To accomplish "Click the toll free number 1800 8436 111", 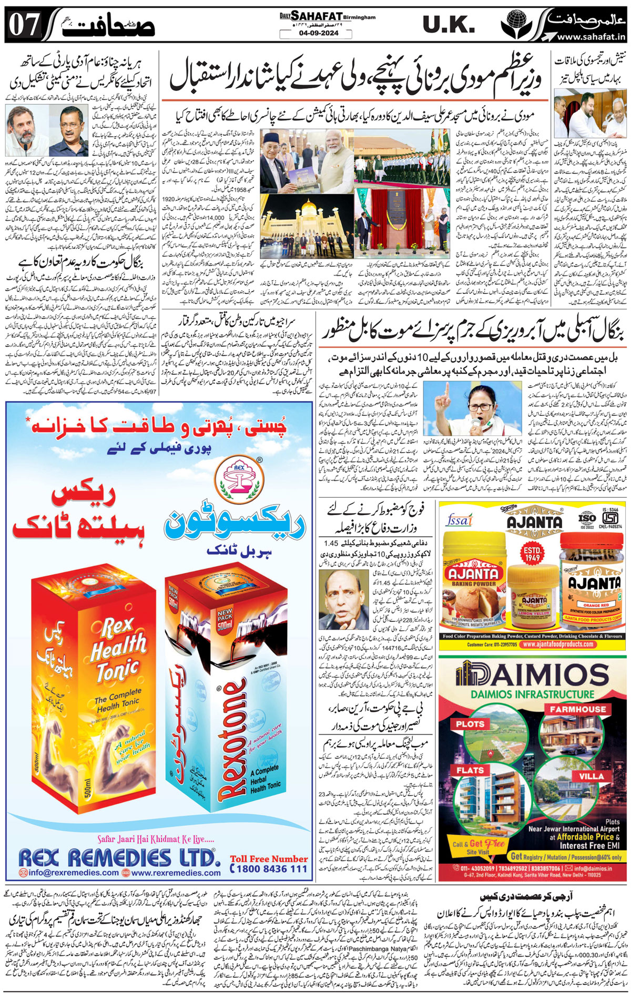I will click(269, 868).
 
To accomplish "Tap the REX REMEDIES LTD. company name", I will click(119, 858).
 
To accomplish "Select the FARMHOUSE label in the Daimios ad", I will click(578, 710).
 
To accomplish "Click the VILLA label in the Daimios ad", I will click(592, 776).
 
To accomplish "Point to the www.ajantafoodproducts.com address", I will click(562, 644).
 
